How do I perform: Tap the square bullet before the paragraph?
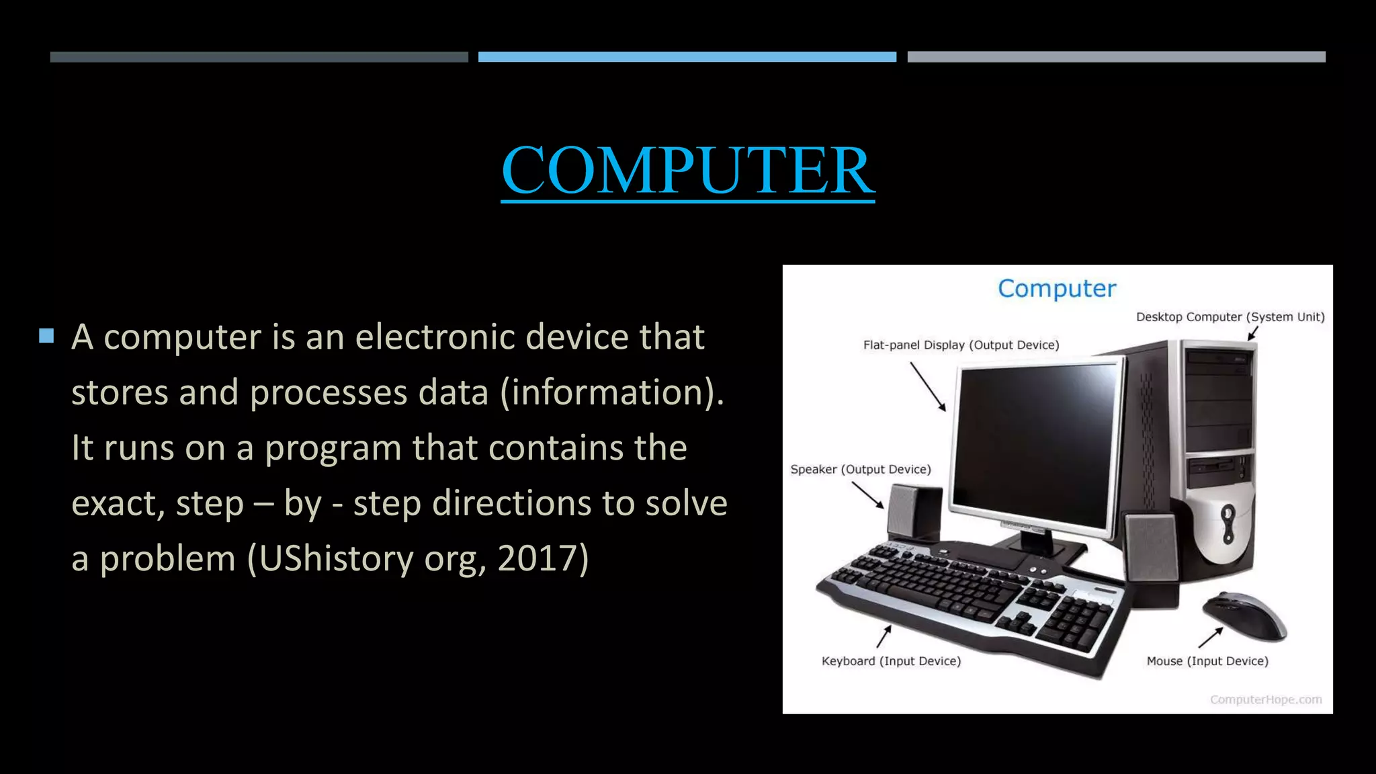point(46,336)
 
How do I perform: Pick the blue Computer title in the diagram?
point(1056,289)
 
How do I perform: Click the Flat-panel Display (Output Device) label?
point(961,345)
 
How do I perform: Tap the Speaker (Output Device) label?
point(860,470)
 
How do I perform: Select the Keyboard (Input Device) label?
point(891,661)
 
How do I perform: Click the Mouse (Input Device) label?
point(1207,661)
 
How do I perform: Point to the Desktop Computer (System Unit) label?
point(1230,317)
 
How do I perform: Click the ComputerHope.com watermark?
point(1266,700)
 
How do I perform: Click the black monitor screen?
point(1035,443)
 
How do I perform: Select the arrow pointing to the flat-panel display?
point(928,386)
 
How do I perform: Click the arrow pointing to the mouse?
point(1211,638)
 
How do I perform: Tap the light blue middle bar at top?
point(687,57)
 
